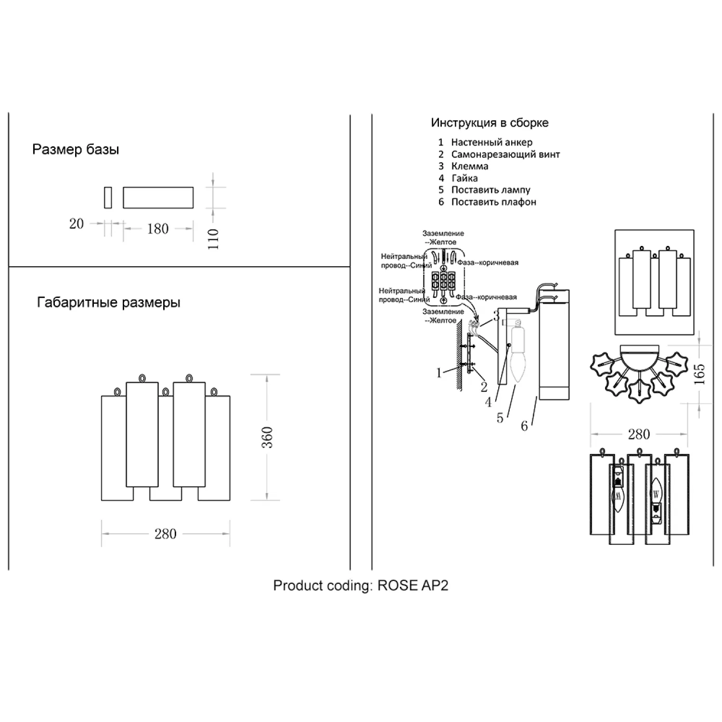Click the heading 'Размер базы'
tap(76, 150)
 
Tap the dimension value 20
tap(77, 224)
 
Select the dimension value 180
tap(158, 229)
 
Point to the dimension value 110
tap(213, 239)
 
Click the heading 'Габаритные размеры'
tap(109, 303)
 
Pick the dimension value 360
tap(267, 438)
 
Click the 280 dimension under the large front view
tap(165, 534)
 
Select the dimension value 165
tap(699, 374)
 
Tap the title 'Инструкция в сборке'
tap(490, 123)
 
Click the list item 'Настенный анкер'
tap(491, 142)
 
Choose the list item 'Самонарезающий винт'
tap(505, 155)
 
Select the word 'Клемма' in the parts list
tap(470, 166)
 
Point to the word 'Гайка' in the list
tap(464, 178)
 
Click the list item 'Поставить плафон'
tap(493, 202)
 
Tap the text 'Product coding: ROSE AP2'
tap(361, 585)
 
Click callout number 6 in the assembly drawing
tap(525, 425)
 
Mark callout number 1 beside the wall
tap(438, 373)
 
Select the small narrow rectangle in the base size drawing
tap(108, 198)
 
